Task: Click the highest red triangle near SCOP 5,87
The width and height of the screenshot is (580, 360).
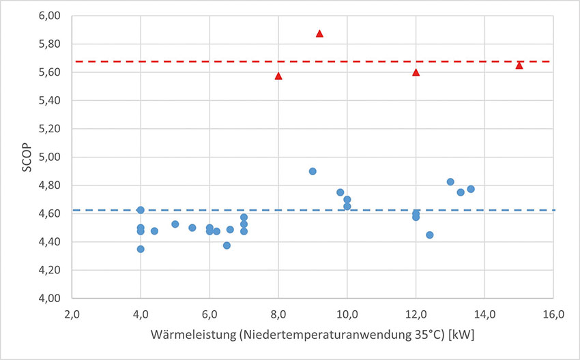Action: pos(319,33)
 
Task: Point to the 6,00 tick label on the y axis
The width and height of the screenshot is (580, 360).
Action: pos(55,16)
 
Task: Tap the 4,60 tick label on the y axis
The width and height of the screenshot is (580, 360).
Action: pos(55,213)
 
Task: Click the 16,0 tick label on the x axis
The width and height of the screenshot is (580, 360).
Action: pos(553,314)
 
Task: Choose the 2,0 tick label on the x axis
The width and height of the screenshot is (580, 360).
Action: pos(72,314)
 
